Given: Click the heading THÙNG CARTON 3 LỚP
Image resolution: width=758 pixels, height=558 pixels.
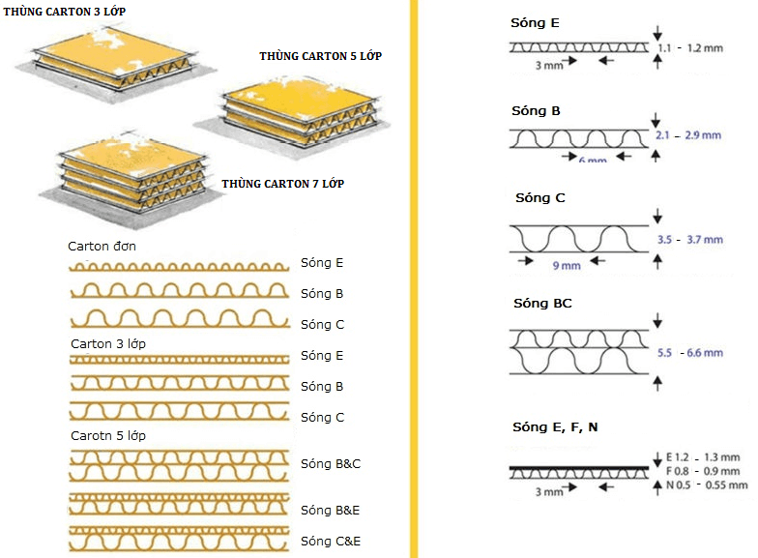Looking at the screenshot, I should (x=65, y=11).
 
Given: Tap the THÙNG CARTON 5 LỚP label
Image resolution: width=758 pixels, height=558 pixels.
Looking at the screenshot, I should (x=320, y=56).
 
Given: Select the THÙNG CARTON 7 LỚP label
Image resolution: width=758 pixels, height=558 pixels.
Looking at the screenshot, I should (x=282, y=183).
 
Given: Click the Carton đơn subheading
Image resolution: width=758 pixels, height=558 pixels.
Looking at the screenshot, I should (x=102, y=247).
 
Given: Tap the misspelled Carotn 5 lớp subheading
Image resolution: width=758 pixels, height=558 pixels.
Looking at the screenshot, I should (x=108, y=435).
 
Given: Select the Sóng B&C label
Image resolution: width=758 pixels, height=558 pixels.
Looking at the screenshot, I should (x=330, y=464).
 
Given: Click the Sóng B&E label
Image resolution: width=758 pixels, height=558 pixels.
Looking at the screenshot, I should (x=330, y=510).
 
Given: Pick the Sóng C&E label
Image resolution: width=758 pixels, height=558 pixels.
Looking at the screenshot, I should (x=330, y=541).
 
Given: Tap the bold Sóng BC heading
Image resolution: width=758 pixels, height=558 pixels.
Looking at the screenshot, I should (x=542, y=304).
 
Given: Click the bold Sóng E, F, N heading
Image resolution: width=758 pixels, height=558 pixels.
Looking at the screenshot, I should (x=555, y=426).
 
